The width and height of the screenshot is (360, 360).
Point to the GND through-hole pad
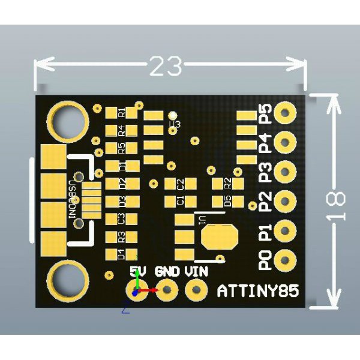click(x=167, y=292)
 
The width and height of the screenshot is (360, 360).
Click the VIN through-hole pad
click(x=195, y=292)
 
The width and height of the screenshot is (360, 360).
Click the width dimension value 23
click(x=165, y=67)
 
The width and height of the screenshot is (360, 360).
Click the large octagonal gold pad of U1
click(x=219, y=236)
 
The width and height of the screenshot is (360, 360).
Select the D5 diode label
click(x=227, y=201)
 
